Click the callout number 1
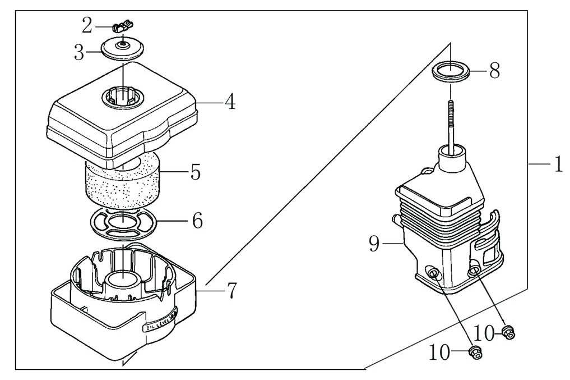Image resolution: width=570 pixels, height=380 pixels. [x=558, y=164]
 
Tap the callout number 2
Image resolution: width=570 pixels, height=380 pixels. [x=87, y=25]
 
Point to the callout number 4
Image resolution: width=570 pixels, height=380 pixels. [x=229, y=103]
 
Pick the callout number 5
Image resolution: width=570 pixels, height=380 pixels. [x=195, y=172]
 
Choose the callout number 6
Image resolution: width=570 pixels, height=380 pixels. [x=197, y=221]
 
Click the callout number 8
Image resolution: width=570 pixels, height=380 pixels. [x=494, y=72]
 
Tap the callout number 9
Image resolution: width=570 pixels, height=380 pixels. [x=375, y=244]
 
